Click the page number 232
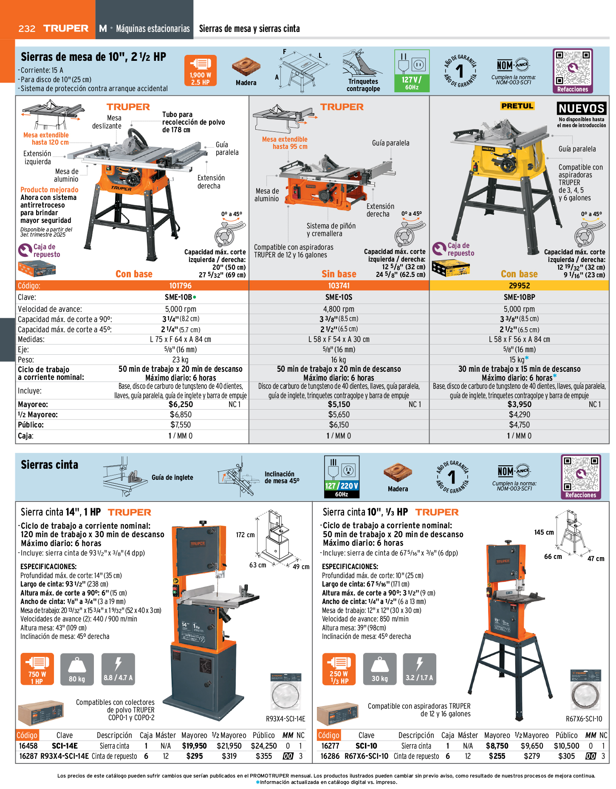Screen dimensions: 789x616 click(26, 28)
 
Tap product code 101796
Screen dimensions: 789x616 click(180, 286)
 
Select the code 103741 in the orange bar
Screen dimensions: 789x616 click(339, 286)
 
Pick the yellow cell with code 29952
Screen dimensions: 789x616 click(519, 286)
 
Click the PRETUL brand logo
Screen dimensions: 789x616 click(517, 106)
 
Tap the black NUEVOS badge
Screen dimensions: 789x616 click(581, 108)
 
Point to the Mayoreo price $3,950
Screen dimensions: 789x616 click(519, 404)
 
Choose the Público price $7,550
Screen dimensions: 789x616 click(181, 425)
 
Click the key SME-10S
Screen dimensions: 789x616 click(339, 297)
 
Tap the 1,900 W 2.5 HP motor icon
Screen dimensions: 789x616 click(201, 71)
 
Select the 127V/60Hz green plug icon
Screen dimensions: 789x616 click(412, 71)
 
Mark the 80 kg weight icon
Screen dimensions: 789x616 click(77, 669)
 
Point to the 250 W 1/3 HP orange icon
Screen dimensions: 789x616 click(339, 669)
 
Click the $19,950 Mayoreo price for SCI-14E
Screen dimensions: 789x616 click(194, 746)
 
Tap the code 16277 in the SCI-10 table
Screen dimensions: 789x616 click(330, 746)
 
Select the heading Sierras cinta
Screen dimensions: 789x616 click(50, 465)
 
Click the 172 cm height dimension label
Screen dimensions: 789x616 click(245, 535)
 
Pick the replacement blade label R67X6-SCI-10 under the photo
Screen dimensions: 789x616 click(584, 719)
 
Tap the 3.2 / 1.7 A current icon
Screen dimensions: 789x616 click(419, 669)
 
